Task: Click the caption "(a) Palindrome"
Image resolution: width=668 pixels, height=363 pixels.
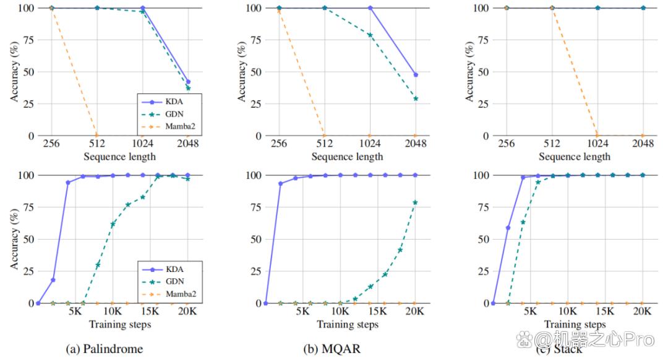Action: click(x=104, y=349)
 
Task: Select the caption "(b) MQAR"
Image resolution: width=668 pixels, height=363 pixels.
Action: click(x=332, y=349)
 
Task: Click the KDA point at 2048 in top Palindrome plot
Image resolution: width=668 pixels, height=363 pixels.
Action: click(x=188, y=82)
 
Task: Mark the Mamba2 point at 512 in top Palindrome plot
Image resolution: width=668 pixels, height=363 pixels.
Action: click(x=97, y=135)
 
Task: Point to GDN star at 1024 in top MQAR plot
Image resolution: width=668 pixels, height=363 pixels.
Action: click(x=370, y=35)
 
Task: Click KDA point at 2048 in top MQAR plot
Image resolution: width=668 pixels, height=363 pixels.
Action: click(x=416, y=75)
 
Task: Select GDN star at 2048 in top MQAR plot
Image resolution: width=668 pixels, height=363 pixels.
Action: click(x=416, y=98)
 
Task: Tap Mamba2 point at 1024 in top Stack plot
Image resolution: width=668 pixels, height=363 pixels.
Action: click(x=597, y=135)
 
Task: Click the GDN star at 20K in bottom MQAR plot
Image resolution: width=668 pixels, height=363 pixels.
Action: click(x=415, y=203)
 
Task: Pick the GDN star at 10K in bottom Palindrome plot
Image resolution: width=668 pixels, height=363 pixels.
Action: click(x=113, y=224)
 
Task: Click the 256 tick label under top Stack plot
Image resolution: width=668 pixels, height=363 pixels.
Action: click(x=507, y=144)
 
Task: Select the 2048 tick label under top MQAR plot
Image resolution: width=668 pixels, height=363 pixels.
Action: click(x=416, y=144)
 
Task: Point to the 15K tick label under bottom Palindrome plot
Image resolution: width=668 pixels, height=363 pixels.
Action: click(x=150, y=312)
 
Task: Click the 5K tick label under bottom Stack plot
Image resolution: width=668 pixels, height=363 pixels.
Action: click(x=530, y=312)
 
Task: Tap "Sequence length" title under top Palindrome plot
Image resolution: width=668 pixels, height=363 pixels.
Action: click(x=120, y=156)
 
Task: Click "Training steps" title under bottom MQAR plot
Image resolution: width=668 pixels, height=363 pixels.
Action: click(x=348, y=324)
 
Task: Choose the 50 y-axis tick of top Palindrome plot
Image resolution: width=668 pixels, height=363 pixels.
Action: click(x=27, y=71)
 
